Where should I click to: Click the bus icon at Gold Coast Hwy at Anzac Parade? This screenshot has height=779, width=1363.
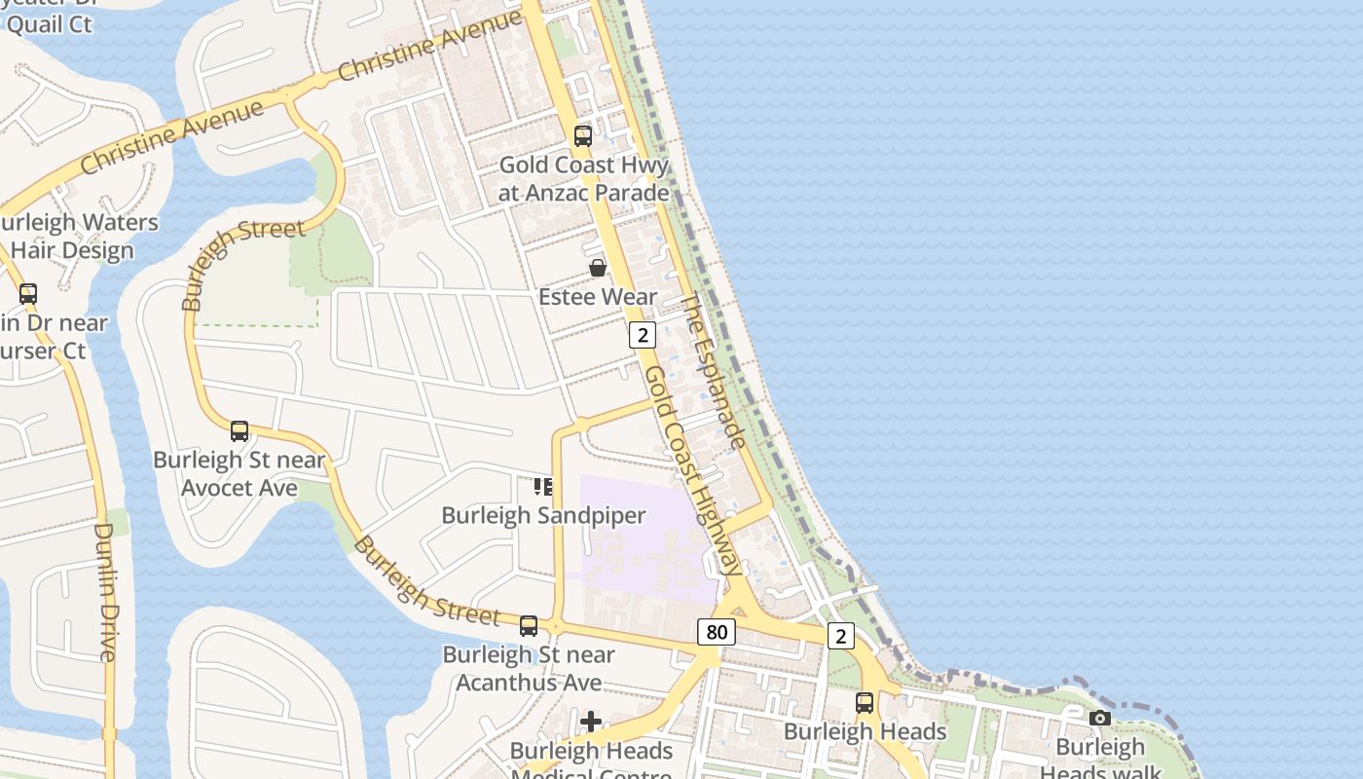coord(583,136)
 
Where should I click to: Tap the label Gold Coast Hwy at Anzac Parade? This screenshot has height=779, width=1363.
coord(583,178)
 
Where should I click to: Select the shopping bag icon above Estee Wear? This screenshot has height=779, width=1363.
coord(598,267)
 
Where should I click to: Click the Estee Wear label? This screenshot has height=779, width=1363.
coord(598,296)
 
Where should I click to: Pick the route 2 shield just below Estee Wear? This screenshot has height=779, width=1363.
coord(642,335)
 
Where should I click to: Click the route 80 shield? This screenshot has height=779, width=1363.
coord(716,632)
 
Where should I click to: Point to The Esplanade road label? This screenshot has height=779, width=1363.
coord(713,372)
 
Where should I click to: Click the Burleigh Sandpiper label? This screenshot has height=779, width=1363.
coord(543,515)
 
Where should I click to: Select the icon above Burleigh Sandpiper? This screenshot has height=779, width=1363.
coord(543,486)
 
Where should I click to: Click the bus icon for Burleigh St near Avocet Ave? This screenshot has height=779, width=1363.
coord(239,430)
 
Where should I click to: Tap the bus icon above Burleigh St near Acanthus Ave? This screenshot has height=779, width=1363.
coord(529,625)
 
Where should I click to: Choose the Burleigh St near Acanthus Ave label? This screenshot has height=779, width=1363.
coord(529,668)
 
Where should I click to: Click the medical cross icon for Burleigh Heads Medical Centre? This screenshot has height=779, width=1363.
coord(591,722)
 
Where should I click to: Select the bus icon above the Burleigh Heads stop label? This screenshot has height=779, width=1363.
coord(865,702)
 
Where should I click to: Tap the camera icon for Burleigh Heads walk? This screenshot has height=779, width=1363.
coord(1100,719)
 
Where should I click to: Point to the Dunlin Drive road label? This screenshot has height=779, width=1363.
coord(104,592)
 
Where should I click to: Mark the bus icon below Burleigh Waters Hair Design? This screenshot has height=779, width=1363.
coord(28,293)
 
